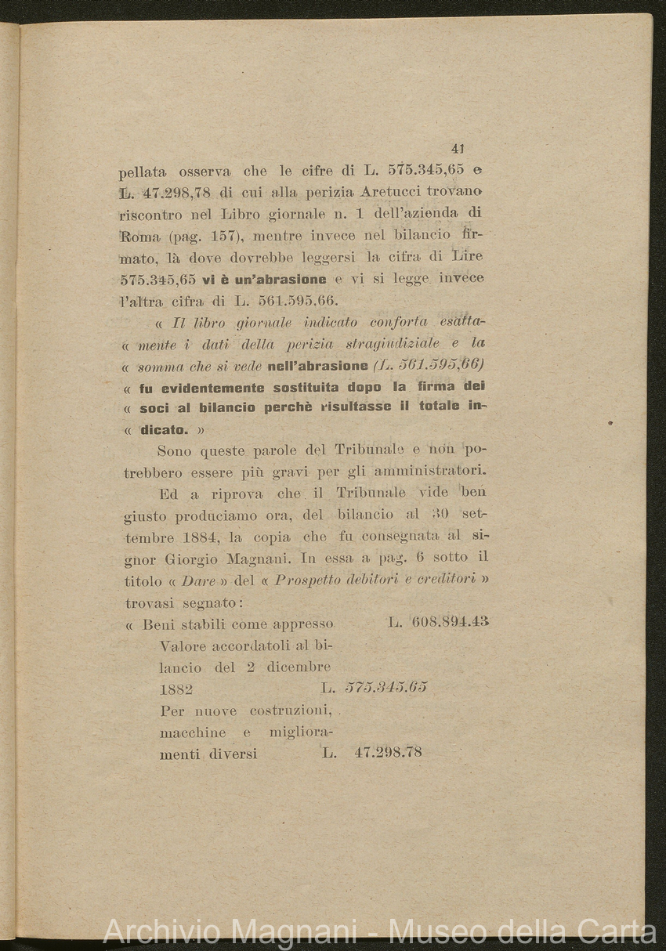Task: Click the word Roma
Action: [x=139, y=236]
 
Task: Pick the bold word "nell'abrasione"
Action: [x=317, y=365]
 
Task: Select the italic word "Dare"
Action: [x=179, y=580]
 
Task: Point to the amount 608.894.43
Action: [x=449, y=623]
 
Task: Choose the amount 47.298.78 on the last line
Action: [x=388, y=752]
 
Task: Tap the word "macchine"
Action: [x=193, y=732]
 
